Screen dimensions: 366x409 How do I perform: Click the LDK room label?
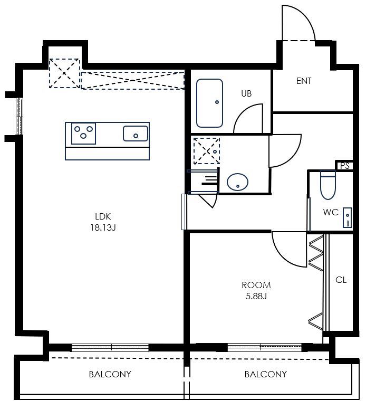pos(103,216)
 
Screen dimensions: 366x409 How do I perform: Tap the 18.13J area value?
pos(103,227)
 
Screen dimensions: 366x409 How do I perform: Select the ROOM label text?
pos(256,285)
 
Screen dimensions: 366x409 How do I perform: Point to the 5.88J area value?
pos(256,296)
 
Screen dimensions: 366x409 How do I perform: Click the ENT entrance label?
pos(304,81)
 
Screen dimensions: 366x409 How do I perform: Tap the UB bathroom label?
pos(246,93)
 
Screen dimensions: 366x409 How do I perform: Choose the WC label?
pos(331,212)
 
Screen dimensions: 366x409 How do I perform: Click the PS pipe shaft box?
pos(344,166)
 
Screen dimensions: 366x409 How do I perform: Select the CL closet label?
pos(341,280)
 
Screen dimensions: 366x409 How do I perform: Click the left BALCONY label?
pos(110,374)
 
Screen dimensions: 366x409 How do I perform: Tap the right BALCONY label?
pos(266,374)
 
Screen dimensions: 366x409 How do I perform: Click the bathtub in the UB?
pos(209,103)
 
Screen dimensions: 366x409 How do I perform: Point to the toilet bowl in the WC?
pos(328,185)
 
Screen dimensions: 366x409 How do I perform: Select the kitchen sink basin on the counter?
pos(136,134)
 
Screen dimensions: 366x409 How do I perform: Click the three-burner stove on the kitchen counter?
pos(83,134)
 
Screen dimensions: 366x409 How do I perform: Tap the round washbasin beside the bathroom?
pos(237,182)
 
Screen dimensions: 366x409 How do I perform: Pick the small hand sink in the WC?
pos(347,217)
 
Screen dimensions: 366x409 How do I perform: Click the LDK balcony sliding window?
pos(110,347)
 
